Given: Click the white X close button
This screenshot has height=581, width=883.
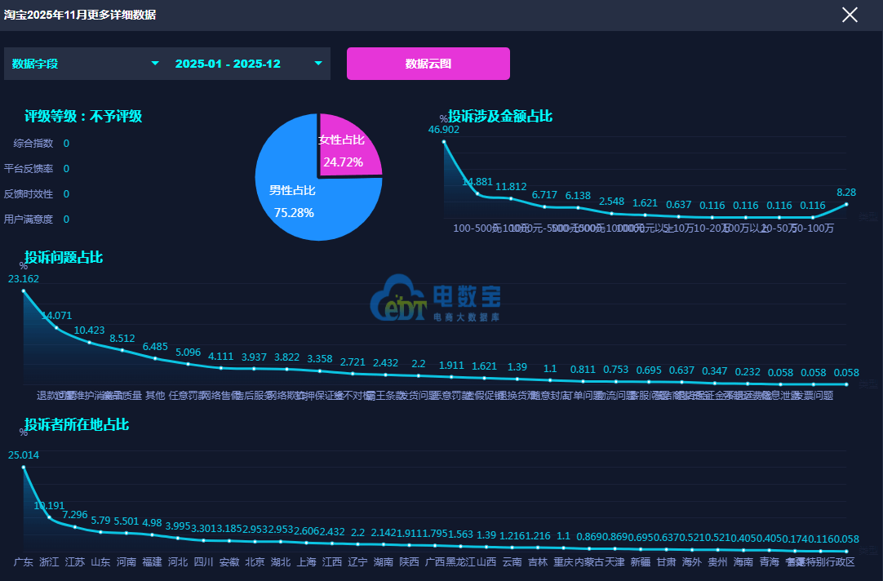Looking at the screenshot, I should (x=850, y=15).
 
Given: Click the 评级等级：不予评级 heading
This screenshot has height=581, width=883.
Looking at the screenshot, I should (x=83, y=117).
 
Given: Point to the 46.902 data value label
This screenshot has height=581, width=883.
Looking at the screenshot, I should (x=444, y=130).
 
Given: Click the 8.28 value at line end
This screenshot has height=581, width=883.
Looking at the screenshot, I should (x=846, y=193).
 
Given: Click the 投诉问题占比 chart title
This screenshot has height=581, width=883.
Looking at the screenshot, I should (x=64, y=258).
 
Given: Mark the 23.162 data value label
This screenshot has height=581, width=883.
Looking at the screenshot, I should (x=24, y=279).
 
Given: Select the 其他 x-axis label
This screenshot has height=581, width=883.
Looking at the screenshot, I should (x=155, y=396).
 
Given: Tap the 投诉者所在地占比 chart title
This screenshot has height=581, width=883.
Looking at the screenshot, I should (x=77, y=425).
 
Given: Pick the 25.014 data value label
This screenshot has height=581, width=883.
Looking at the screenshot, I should (x=24, y=455).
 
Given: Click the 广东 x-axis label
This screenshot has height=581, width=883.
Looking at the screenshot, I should (x=24, y=562).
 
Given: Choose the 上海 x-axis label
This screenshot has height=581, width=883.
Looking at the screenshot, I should (x=307, y=562).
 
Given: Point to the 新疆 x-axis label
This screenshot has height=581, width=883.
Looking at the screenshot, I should (x=641, y=562).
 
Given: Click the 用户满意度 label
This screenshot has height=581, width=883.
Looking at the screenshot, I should (x=29, y=220).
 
